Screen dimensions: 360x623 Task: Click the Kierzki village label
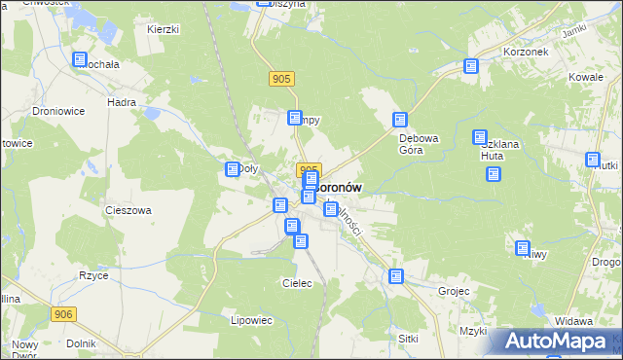click(164, 29)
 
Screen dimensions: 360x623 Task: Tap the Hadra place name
click(122, 101)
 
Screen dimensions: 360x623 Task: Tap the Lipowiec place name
click(253, 320)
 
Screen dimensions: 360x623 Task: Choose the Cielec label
click(296, 283)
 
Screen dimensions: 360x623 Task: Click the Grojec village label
click(454, 291)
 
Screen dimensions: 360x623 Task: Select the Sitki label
click(408, 338)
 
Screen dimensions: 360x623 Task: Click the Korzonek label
click(526, 51)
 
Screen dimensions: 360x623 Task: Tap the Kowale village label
click(588, 76)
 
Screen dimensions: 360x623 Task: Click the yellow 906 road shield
click(64, 313)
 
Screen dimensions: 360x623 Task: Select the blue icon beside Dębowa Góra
click(399, 120)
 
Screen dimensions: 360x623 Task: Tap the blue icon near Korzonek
click(471, 67)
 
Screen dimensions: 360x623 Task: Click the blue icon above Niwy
click(523, 248)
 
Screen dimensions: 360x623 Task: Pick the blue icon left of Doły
click(233, 169)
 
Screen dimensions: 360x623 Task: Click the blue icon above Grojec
click(396, 276)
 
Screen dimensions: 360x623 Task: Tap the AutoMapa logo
click(558, 342)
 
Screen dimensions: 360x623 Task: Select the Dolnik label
click(81, 343)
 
